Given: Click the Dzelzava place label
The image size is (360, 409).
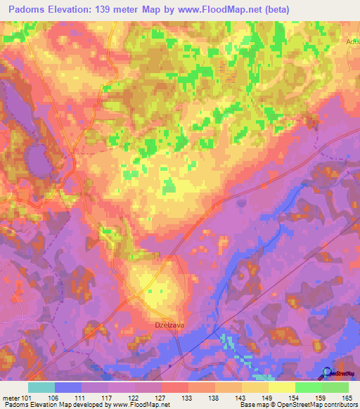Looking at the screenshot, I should click(169, 325).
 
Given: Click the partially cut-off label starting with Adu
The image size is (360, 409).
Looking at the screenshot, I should click(352, 41).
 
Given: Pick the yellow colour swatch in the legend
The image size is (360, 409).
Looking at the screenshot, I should click(281, 387).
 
